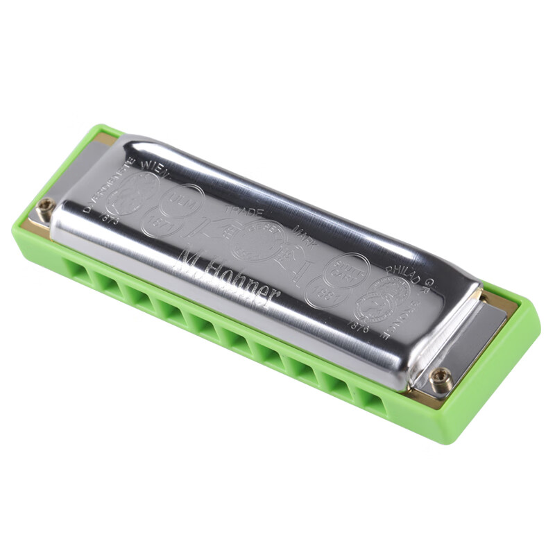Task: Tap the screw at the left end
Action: (x=46, y=207)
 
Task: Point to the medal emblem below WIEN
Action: (x=137, y=194)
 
